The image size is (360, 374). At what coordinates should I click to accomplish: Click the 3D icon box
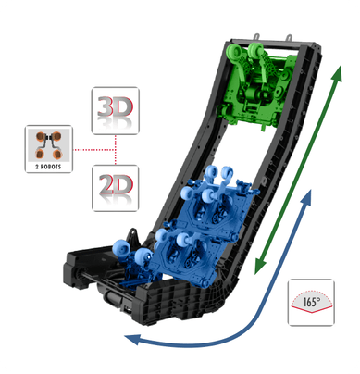(116, 111)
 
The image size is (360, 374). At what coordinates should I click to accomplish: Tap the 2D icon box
(116, 188)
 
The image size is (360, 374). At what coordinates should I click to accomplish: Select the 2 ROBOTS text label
(48, 167)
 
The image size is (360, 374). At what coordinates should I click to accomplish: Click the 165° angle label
(312, 302)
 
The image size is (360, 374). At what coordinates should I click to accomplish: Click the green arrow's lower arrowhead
(260, 266)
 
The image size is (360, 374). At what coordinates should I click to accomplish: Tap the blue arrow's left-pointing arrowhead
(131, 339)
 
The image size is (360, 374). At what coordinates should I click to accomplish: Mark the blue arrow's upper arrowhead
(306, 197)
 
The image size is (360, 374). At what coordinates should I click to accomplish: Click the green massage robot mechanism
(257, 85)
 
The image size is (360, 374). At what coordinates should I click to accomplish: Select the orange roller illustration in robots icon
(48, 144)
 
